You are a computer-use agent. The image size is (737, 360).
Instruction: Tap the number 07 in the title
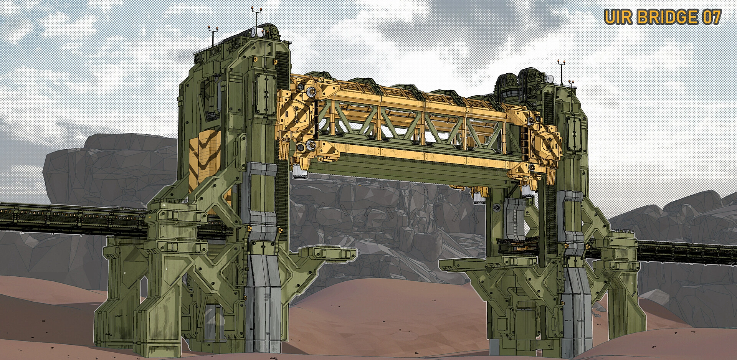tap(711, 17)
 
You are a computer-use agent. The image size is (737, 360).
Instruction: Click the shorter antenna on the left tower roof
tap(213, 35)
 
